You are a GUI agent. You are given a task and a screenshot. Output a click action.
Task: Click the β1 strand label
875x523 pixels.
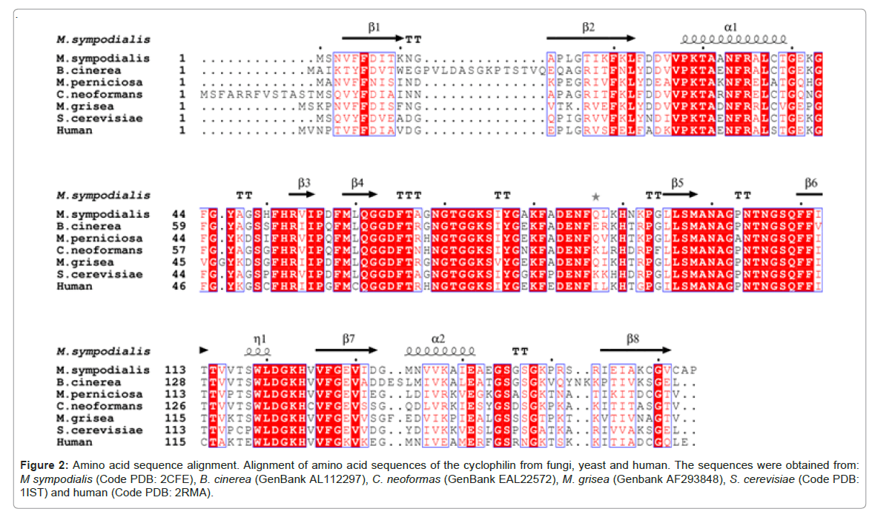[x=374, y=26]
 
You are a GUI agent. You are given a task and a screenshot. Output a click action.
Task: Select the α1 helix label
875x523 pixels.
[x=730, y=26]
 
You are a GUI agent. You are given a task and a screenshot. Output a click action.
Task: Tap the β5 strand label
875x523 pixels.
[x=678, y=181]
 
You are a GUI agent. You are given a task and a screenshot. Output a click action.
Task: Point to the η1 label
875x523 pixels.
[x=259, y=338]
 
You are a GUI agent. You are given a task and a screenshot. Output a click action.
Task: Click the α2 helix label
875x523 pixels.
[x=439, y=338]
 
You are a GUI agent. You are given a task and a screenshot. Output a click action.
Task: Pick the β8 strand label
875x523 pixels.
[x=633, y=338]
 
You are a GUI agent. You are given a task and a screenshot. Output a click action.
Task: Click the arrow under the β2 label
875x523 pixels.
[x=591, y=39]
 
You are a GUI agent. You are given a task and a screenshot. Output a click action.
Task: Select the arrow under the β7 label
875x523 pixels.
[x=347, y=350]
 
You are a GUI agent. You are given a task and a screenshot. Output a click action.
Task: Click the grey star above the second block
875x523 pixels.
[x=595, y=196]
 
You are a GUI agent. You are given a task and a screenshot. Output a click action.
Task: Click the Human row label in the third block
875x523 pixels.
[x=75, y=442]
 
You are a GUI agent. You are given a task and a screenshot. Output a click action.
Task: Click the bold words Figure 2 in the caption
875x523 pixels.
[x=44, y=464]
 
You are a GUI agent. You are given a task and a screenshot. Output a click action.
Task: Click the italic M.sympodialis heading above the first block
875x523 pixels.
[x=104, y=39]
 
